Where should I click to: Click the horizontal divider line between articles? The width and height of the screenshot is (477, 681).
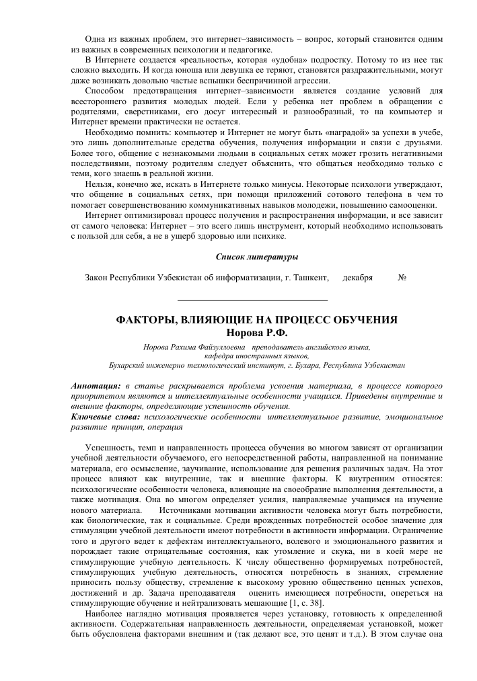(x=252, y=299)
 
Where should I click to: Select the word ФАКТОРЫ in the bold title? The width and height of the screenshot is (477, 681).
(x=147, y=320)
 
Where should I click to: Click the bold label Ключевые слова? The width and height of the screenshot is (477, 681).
(x=101, y=417)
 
